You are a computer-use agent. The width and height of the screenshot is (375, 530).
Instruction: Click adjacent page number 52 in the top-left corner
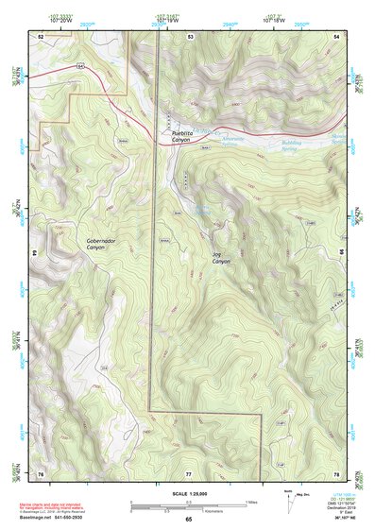41,35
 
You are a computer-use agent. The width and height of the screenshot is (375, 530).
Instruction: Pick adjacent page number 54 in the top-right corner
337,35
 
